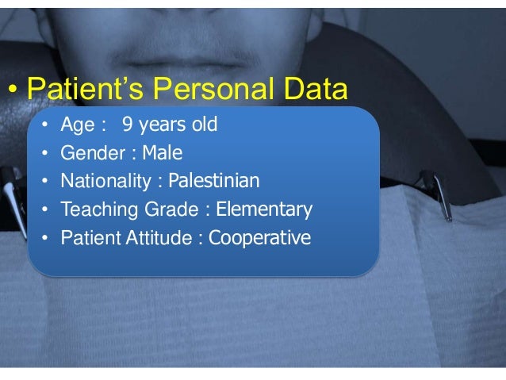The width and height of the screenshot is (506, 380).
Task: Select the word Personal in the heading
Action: pos(209,90)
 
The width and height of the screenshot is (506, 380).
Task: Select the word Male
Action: pos(162,152)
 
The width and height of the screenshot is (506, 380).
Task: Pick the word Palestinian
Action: pos(214,182)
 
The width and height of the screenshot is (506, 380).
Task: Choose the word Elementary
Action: pos(264,210)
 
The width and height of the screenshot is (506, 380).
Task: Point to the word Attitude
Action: pos(164,238)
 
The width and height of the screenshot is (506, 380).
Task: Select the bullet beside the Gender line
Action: pos(46,153)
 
